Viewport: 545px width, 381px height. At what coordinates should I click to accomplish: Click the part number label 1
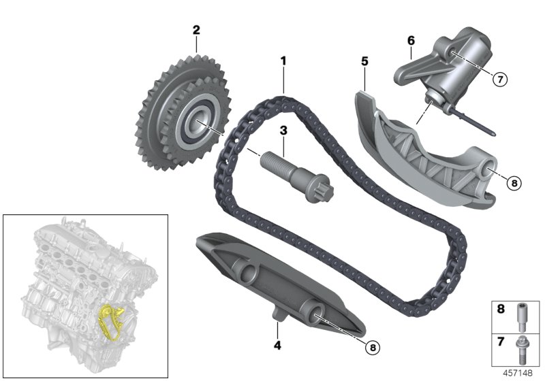(x=283, y=61)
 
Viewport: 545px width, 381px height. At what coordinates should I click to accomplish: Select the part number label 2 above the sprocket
(x=196, y=30)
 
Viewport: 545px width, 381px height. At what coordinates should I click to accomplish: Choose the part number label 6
(x=411, y=41)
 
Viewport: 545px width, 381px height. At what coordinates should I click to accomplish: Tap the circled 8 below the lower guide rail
(x=371, y=347)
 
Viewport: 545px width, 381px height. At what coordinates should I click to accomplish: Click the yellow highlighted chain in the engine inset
(x=107, y=319)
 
